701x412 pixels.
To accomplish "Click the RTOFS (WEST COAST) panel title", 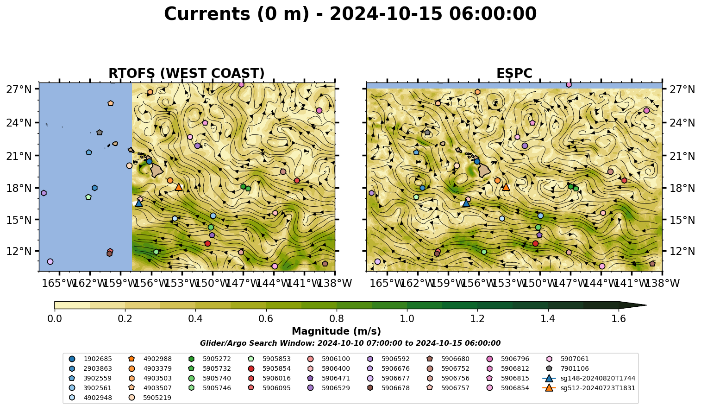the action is point(187,73).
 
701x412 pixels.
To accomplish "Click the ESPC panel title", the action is point(514,73).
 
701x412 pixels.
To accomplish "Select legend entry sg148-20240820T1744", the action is point(589,378).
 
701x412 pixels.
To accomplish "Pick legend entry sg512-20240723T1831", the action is point(589,388).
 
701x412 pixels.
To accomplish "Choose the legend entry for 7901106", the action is point(569,368).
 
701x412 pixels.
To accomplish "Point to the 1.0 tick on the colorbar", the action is point(407,310).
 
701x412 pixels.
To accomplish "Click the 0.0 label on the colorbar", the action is point(55,319).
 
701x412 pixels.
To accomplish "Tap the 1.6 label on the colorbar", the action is point(619,319).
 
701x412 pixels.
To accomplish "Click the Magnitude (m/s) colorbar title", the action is point(336,331).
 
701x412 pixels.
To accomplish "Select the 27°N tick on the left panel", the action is point(37,89).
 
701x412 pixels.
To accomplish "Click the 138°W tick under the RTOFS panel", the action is point(335,273).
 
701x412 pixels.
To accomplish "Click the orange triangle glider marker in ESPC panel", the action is point(506,187).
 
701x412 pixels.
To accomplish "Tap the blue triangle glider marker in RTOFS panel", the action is point(138,203).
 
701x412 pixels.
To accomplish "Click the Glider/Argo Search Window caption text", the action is point(350,343).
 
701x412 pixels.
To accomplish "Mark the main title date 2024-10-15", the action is point(386,14).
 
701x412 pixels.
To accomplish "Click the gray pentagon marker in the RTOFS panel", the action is point(100,133).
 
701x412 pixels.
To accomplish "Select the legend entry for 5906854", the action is point(509,388).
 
